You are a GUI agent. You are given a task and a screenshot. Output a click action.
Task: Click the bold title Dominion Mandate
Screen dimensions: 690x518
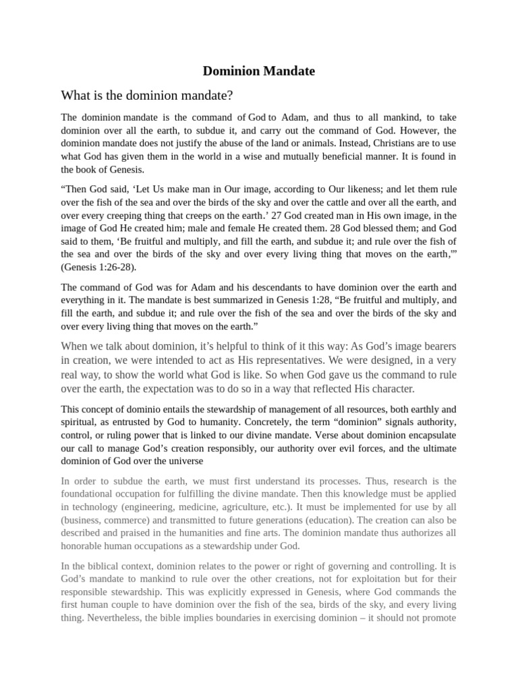coord(260,70)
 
